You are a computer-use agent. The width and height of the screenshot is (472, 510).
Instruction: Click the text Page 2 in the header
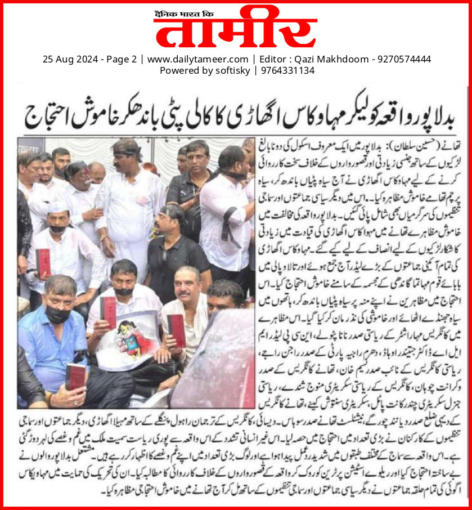pos(120,59)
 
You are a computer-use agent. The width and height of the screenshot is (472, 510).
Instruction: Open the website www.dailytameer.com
pos(197,59)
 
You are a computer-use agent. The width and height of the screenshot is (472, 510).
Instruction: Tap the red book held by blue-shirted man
pos(75,376)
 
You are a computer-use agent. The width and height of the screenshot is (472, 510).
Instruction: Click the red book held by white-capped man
pos(43,262)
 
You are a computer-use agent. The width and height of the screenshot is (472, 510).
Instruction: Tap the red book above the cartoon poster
pos(109,311)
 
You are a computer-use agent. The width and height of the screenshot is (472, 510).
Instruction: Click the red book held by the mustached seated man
pos(176,329)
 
